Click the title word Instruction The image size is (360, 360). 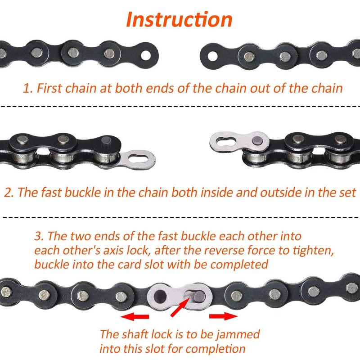point(180,19)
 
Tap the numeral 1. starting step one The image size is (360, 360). point(27,88)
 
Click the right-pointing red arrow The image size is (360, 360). point(223,316)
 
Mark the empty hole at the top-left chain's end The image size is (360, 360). point(145,55)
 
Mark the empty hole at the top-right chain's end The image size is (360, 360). point(211,55)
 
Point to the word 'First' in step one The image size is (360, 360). point(49,88)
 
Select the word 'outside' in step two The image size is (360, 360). point(262,193)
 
